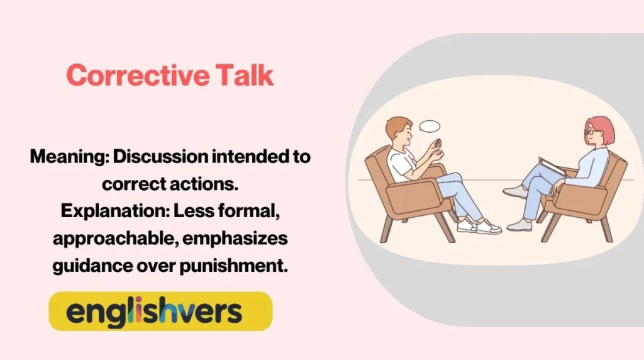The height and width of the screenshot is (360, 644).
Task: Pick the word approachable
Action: pyautogui.click(x=111, y=239)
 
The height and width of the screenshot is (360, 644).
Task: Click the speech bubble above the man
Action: pyautogui.click(x=430, y=126)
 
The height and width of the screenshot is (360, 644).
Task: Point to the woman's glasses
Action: pyautogui.click(x=591, y=133)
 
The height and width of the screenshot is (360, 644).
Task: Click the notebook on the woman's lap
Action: pyautogui.click(x=552, y=166)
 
